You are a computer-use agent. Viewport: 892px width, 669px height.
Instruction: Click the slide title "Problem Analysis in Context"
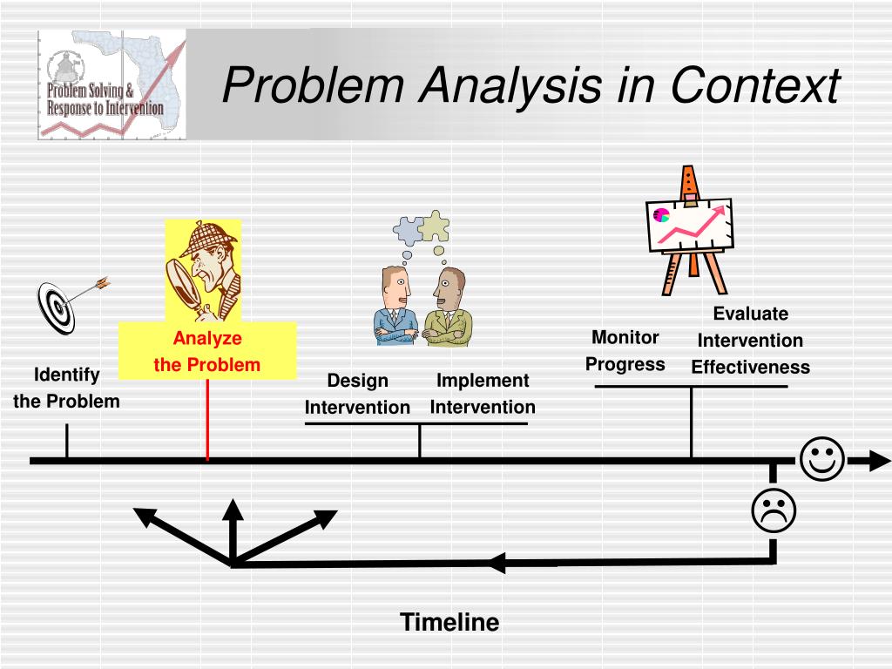coord(530,85)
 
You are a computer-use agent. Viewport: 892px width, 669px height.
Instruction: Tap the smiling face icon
coord(821,460)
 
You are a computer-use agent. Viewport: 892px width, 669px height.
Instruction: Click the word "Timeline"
coord(449,622)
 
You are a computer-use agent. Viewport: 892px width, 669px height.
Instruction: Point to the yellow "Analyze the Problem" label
coord(207,351)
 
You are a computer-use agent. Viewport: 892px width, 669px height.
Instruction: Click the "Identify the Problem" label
coord(66,388)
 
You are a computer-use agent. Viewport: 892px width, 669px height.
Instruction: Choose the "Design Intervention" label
coord(357,394)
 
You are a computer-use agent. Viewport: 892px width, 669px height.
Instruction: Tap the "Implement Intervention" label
coord(483,394)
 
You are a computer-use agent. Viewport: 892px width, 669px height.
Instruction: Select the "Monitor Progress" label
coord(625,350)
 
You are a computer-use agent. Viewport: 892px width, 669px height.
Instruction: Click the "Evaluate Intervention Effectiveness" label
coord(750,341)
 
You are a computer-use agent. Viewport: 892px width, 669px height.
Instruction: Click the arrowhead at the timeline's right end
coord(875,460)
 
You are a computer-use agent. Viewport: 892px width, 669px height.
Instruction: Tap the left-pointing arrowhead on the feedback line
coord(495,562)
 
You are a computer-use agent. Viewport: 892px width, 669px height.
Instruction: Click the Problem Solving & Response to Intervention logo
coord(111,84)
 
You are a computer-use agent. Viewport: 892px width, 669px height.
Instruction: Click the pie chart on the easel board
coord(661,214)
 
